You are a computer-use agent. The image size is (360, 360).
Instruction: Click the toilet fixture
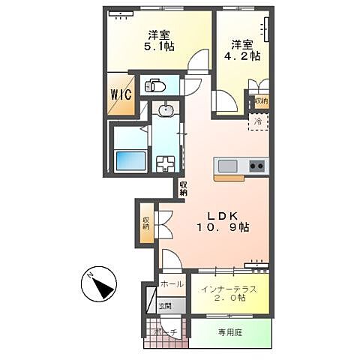click(x=154, y=85)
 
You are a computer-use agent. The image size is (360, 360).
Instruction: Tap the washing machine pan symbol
click(x=165, y=161)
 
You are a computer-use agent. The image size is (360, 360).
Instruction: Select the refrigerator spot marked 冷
click(x=257, y=121)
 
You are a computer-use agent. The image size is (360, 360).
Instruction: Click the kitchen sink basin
click(x=227, y=165)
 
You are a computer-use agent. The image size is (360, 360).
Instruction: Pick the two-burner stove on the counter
click(x=256, y=165)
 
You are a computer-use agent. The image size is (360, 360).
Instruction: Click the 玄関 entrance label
click(x=164, y=306)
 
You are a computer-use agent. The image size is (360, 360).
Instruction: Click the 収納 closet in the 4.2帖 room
click(x=260, y=100)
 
